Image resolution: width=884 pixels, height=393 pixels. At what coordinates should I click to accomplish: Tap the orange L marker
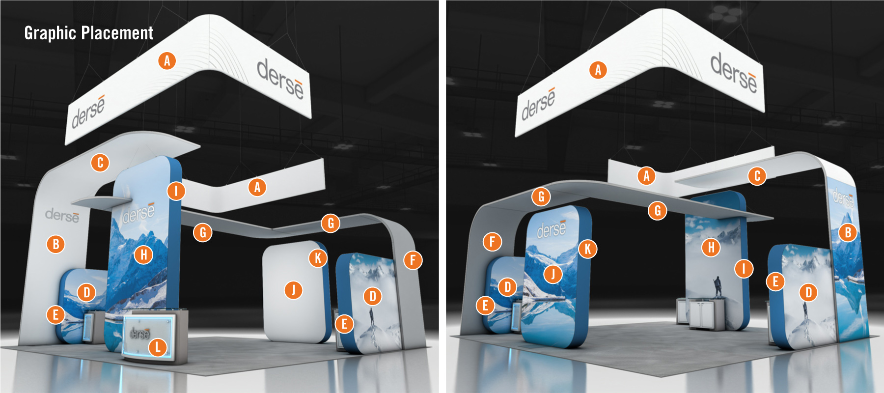click(158, 347)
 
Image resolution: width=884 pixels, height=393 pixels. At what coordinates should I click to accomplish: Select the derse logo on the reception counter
click(139, 334)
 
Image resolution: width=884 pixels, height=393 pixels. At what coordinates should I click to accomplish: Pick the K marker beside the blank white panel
click(318, 257)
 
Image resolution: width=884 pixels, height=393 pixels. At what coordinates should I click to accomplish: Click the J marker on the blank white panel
click(294, 290)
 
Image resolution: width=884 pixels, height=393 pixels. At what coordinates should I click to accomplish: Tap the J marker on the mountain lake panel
click(553, 273)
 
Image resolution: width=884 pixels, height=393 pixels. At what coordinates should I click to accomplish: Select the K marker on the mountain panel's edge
click(587, 249)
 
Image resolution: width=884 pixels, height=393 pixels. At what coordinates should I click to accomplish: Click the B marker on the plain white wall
click(56, 244)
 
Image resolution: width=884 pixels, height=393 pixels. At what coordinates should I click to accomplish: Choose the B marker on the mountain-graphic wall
click(848, 232)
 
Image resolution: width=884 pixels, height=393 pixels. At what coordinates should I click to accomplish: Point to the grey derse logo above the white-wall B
click(62, 215)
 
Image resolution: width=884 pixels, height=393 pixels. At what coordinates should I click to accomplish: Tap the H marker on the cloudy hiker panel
click(711, 248)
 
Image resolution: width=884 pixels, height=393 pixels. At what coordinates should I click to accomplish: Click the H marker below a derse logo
click(143, 254)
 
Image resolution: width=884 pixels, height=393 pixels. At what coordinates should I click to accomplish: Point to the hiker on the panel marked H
click(718, 287)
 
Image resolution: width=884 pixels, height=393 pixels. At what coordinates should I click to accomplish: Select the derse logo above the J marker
click(552, 228)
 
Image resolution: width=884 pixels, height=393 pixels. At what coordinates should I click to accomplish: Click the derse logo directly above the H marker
click(139, 213)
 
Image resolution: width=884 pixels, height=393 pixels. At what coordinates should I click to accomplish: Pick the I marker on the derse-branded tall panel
click(176, 191)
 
